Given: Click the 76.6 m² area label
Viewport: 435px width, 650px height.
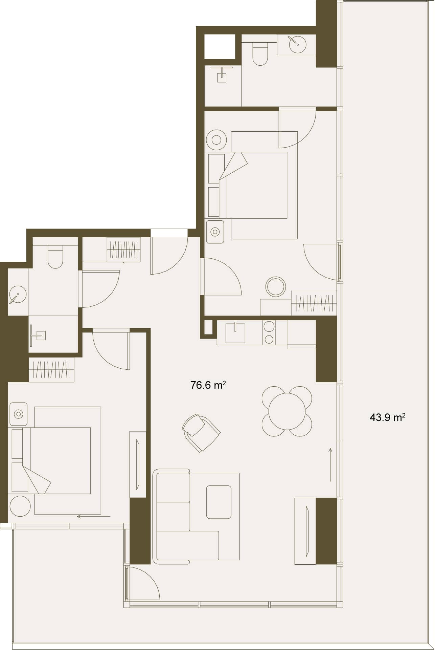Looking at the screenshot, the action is (x=208, y=385).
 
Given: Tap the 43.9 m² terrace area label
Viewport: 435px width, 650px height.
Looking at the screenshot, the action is (x=388, y=417).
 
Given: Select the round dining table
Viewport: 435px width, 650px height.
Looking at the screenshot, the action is (x=287, y=411).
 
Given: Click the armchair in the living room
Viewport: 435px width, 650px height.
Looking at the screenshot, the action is (x=201, y=433).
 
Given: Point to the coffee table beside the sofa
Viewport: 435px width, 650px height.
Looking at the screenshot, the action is (x=219, y=502).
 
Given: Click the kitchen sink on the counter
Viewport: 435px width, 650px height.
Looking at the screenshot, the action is (x=235, y=332).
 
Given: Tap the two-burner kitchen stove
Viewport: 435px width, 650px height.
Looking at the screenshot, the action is (x=269, y=332).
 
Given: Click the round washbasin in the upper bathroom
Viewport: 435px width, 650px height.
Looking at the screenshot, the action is (x=297, y=43).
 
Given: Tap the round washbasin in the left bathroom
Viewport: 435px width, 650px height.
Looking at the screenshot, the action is (x=18, y=295).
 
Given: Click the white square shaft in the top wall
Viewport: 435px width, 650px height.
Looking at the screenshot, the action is (x=220, y=46).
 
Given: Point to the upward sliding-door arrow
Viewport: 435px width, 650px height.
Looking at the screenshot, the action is (x=330, y=464).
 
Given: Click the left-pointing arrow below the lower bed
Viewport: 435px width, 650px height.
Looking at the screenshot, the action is (x=94, y=517).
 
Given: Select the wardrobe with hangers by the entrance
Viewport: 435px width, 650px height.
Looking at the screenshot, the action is (x=123, y=250).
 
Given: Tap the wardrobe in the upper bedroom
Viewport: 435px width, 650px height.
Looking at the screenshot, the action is (x=314, y=303).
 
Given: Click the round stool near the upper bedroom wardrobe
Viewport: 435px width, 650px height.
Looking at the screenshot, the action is (x=276, y=287).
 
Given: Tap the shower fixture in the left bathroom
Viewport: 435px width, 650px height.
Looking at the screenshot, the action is (x=38, y=335).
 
